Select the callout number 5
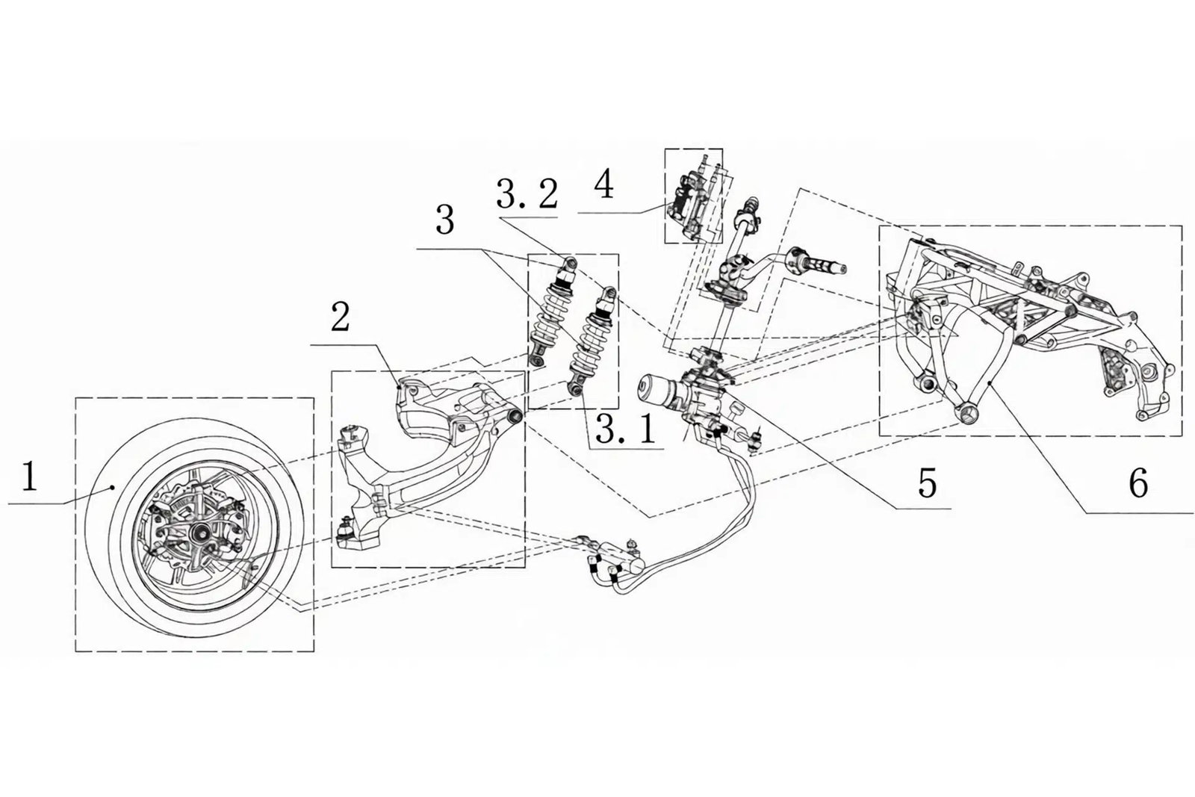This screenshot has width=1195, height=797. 926,483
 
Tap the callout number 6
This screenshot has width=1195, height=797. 1137,484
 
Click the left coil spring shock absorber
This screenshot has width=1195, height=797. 551,314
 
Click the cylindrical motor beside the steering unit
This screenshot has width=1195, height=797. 656,391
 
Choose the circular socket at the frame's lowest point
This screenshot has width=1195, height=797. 966,413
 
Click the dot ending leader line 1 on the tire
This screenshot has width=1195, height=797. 113,486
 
